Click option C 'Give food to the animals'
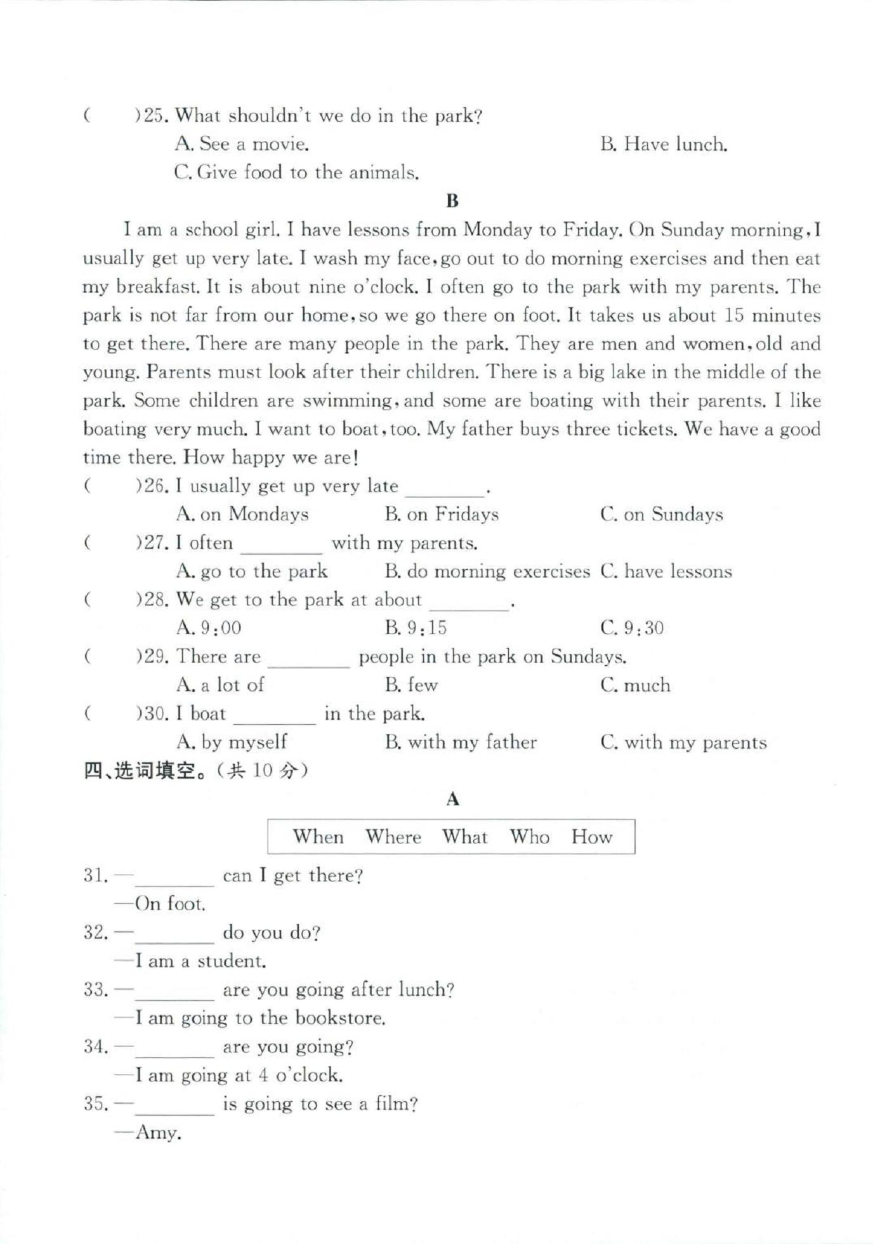tap(296, 173)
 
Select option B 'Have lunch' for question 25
tap(663, 145)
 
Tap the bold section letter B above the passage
tap(452, 201)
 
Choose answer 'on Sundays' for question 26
tap(661, 514)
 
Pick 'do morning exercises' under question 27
tap(487, 571)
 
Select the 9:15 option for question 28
tap(416, 628)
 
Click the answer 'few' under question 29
tap(411, 685)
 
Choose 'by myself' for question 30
tap(232, 742)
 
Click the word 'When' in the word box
tap(318, 837)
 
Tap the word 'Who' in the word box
tap(529, 837)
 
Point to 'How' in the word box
tap(591, 837)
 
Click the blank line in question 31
tap(174, 880)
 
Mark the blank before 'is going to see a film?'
tap(174, 1108)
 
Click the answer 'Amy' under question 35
tap(158, 1133)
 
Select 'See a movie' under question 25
tap(242, 145)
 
